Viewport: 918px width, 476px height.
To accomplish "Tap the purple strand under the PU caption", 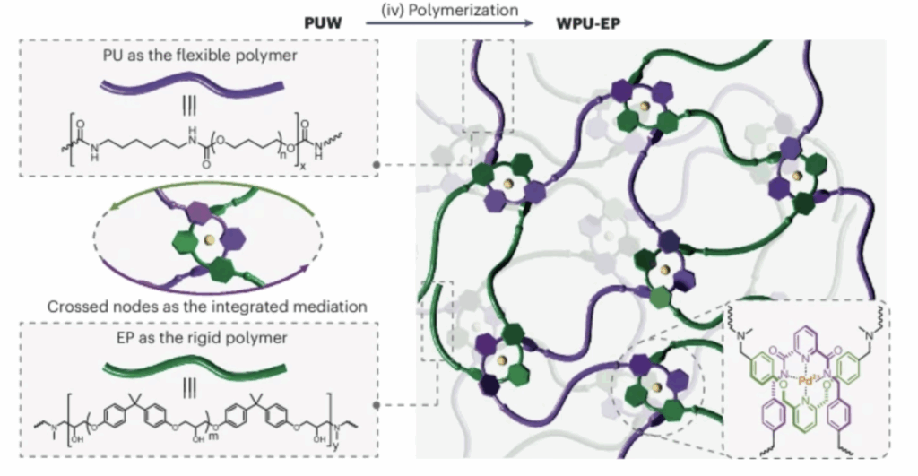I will (194, 84).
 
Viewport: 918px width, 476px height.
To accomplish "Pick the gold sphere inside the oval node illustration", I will (209, 241).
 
